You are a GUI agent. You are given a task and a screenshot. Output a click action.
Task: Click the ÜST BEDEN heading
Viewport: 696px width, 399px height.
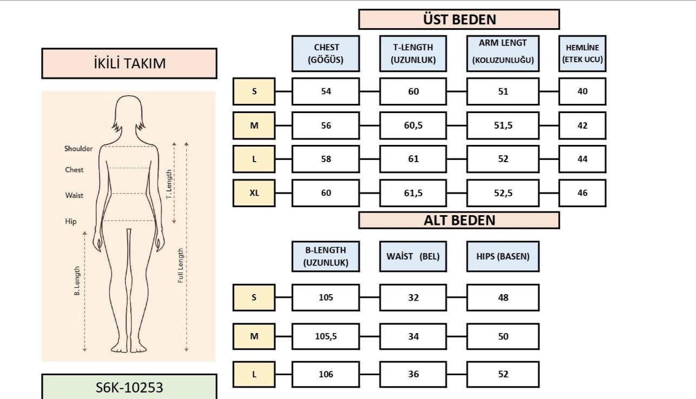pyautogui.click(x=459, y=19)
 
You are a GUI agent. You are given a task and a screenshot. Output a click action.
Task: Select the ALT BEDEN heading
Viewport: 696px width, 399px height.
pyautogui.click(x=459, y=220)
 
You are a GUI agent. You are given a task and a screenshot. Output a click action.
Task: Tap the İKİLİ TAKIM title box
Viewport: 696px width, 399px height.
pyautogui.click(x=129, y=63)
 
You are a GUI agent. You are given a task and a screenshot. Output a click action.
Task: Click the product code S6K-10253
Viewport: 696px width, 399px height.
pyautogui.click(x=129, y=387)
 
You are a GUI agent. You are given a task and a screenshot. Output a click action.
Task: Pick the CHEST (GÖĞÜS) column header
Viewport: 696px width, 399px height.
pyautogui.click(x=326, y=54)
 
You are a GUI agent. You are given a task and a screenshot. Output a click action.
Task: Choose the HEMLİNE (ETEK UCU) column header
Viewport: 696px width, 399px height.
pyautogui.click(x=582, y=54)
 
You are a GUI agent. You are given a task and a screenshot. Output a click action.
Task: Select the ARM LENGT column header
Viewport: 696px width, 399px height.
pyautogui.click(x=502, y=54)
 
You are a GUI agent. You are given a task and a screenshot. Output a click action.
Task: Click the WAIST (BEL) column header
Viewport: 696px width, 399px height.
pyautogui.click(x=413, y=256)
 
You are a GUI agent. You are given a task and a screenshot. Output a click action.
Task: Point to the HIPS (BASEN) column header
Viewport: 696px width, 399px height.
pyautogui.click(x=502, y=256)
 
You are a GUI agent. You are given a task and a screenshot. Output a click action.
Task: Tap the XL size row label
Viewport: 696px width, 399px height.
pyautogui.click(x=254, y=193)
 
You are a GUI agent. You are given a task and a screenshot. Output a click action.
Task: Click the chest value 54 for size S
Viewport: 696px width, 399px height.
pyautogui.click(x=326, y=91)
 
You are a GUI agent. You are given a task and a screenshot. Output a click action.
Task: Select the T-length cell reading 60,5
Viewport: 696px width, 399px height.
pyautogui.click(x=413, y=125)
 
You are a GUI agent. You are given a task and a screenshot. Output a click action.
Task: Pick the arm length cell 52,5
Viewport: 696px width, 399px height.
pyautogui.click(x=502, y=193)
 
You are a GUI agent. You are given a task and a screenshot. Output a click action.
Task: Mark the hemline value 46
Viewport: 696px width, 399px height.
pyautogui.click(x=582, y=193)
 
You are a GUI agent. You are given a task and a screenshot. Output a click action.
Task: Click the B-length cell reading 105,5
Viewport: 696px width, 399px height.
pyautogui.click(x=326, y=336)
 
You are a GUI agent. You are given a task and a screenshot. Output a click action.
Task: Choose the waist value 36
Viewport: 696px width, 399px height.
pyautogui.click(x=413, y=374)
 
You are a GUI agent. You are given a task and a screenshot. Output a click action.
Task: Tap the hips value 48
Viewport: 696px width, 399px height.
pyautogui.click(x=502, y=297)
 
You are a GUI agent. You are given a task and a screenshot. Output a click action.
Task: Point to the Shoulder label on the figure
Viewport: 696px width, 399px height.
pyautogui.click(x=78, y=149)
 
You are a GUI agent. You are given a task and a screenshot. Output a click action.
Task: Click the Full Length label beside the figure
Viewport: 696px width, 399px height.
pyautogui.click(x=181, y=265)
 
